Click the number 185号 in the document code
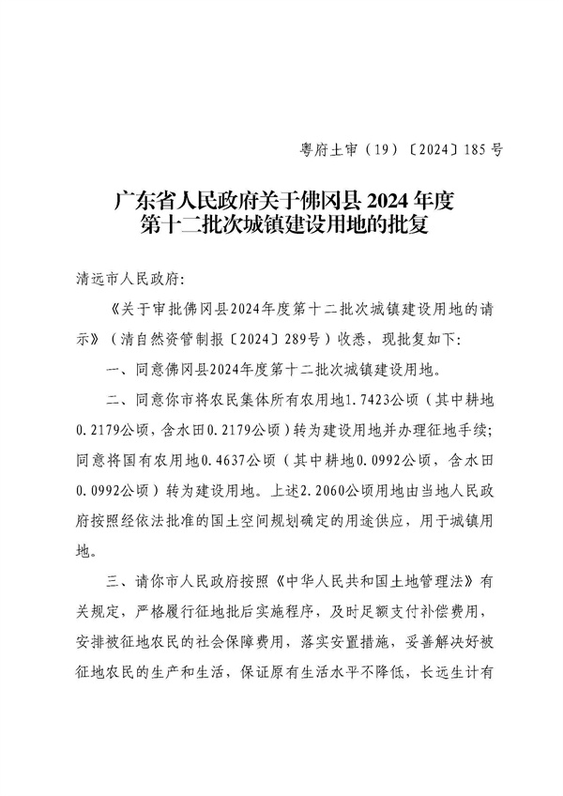pyautogui.click(x=485, y=148)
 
